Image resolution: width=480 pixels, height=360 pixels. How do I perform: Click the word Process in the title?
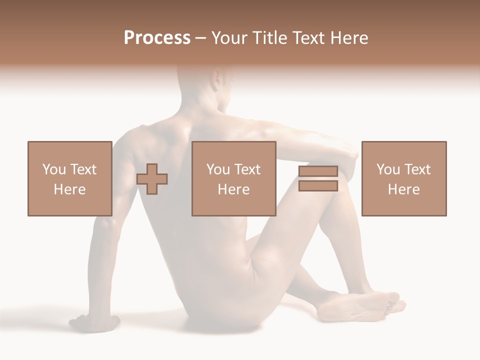point(157,37)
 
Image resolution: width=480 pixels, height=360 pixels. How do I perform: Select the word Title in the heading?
point(268,37)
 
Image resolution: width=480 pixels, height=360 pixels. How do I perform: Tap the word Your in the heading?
point(230,37)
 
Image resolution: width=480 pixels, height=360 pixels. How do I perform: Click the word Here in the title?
point(349,37)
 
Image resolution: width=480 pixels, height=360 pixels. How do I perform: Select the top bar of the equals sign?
point(318,171)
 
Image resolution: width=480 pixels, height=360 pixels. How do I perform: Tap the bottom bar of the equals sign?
point(318,186)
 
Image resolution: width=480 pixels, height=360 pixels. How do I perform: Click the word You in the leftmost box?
point(53,169)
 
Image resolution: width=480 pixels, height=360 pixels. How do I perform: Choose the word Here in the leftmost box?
point(69,189)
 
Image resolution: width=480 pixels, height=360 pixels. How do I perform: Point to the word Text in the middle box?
point(247,169)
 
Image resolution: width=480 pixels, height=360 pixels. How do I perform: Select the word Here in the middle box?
point(233,189)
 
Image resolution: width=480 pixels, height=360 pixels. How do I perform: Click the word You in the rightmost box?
point(388,169)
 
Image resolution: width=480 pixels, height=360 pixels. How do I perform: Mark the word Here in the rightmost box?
point(403,189)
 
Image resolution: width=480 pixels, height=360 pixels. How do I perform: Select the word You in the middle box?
point(218,169)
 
